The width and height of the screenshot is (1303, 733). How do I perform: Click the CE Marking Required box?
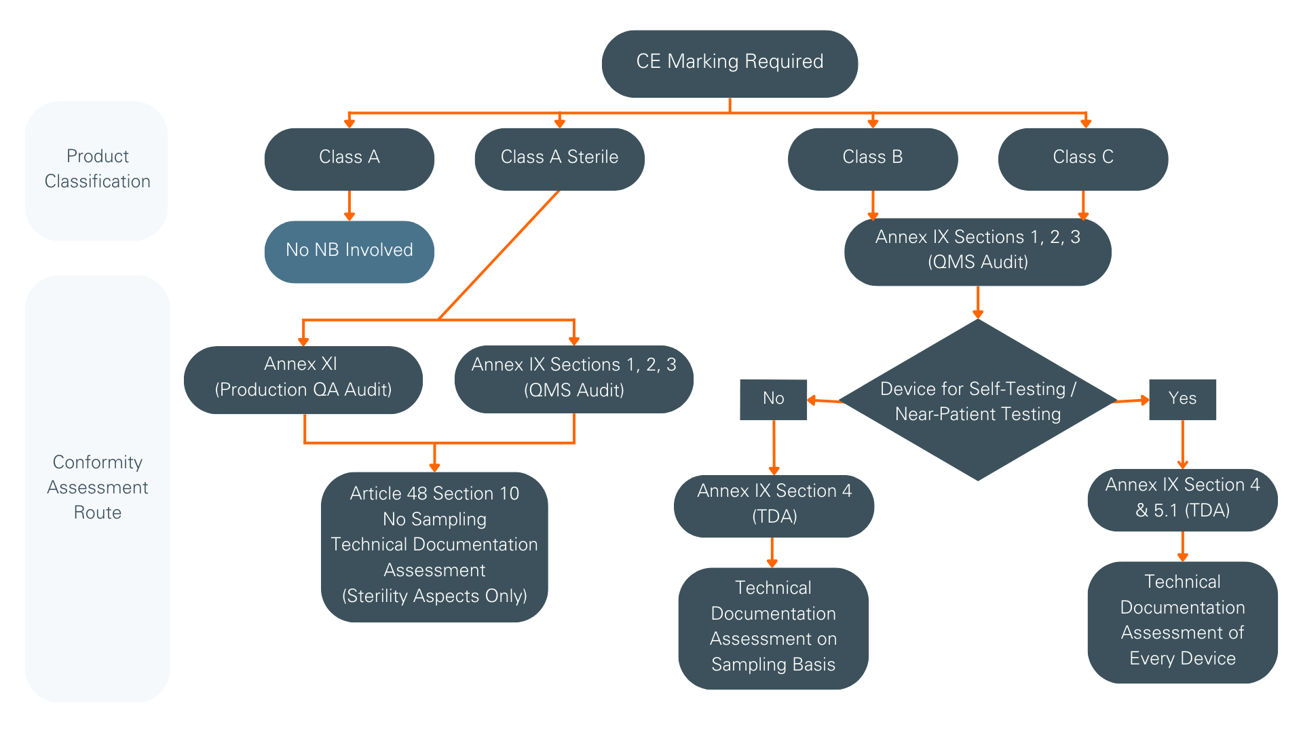point(730,63)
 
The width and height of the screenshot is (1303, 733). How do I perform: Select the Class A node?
point(349,158)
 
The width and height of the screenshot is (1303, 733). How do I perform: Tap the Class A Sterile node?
point(559,158)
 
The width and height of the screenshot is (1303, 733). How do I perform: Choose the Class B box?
point(872,158)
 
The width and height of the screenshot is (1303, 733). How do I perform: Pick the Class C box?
point(1082,158)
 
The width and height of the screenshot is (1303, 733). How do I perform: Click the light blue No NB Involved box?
point(349,251)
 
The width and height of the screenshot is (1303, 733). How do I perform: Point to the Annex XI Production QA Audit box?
point(303,379)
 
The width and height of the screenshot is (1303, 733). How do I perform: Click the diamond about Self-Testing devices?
point(977,400)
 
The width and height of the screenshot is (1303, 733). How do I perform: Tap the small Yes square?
point(1182,399)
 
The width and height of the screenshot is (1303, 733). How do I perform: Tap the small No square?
point(773,399)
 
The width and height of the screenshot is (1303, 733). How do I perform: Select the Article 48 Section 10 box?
point(434,546)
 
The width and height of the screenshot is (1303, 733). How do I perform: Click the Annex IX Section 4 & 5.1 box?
point(1182,499)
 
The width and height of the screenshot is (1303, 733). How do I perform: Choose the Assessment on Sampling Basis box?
point(773,628)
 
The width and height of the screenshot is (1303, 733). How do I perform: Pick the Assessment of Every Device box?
point(1182,621)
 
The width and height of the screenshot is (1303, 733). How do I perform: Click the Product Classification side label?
point(97,170)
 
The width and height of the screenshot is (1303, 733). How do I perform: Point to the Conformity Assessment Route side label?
point(97,487)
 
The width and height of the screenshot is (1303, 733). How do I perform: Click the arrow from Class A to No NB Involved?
point(349,206)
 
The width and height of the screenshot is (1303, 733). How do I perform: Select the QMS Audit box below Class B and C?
point(977,251)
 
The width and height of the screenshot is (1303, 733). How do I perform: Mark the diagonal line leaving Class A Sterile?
point(499,255)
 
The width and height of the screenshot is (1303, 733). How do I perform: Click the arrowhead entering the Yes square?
point(1144,400)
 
